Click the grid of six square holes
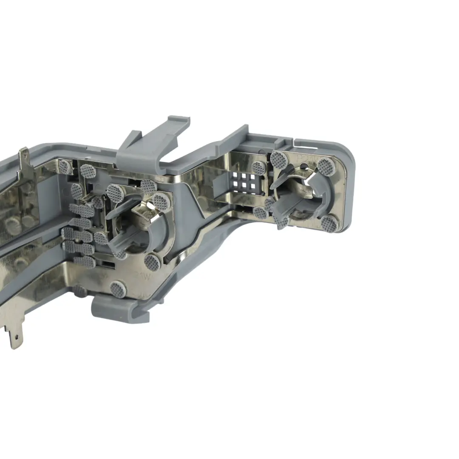245,182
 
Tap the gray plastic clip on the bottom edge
121,308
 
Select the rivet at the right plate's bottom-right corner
329,222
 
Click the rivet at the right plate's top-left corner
278,159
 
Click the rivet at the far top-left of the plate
65,166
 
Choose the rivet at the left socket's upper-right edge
160,201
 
